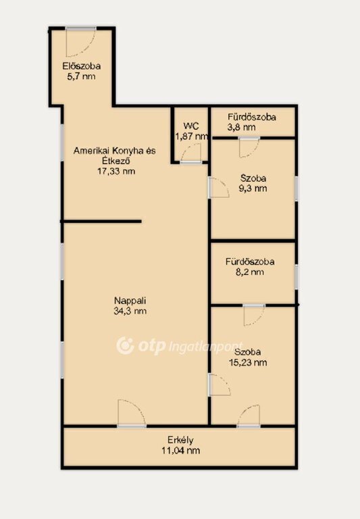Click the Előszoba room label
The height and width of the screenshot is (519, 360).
[x=82, y=66]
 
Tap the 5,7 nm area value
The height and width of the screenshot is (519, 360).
[x=82, y=76]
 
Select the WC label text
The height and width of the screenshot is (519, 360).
[x=191, y=126]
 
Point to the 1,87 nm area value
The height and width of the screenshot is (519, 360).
[x=192, y=136]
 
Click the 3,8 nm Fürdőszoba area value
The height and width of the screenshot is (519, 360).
[x=241, y=127]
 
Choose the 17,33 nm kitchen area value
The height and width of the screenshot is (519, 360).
[x=116, y=171]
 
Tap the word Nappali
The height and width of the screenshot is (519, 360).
[x=130, y=301]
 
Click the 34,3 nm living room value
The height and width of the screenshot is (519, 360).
[x=130, y=311]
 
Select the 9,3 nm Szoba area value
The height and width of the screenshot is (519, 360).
[x=253, y=189]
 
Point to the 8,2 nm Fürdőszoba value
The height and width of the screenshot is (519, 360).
[x=250, y=272]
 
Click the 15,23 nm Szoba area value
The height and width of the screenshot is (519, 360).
[x=248, y=362]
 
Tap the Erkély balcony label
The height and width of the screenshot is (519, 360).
[x=180, y=440]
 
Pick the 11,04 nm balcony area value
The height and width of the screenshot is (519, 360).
[x=180, y=451]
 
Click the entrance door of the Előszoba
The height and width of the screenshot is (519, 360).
[x=81, y=42]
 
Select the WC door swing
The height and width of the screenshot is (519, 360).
[x=191, y=154]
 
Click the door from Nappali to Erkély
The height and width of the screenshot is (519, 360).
[x=132, y=414]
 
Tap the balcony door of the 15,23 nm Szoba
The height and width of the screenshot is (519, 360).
[x=249, y=416]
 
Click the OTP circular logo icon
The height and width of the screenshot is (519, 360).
[x=125, y=346]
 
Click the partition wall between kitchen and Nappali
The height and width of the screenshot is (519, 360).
[x=101, y=222]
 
